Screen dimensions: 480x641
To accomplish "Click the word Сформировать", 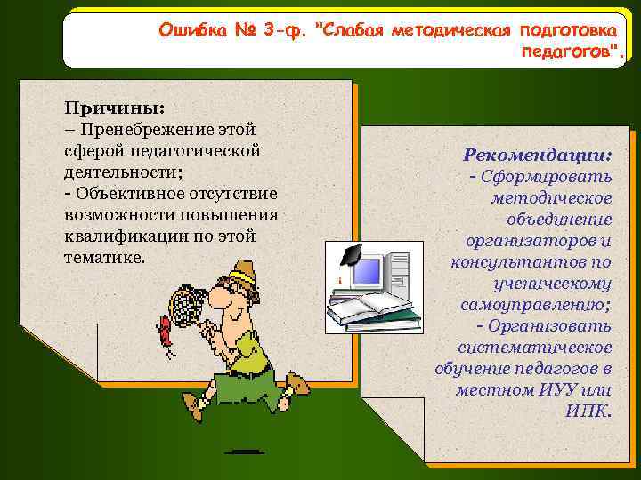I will pyautogui.click(x=548, y=177).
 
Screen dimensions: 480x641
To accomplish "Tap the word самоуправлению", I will pyautogui.click(x=535, y=305).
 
